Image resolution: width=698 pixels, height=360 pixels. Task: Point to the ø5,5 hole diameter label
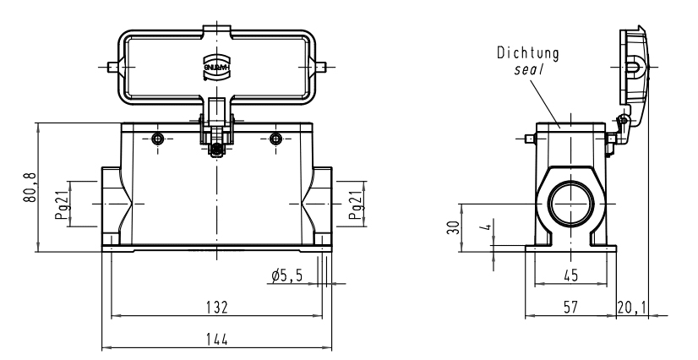(286, 275)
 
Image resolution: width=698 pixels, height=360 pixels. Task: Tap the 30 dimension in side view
(453, 226)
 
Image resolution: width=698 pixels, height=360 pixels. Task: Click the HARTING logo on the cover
(217, 65)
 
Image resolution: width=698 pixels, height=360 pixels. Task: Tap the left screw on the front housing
(158, 139)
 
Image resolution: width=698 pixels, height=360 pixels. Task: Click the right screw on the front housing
(275, 139)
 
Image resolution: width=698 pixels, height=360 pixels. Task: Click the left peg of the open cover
(111, 65)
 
